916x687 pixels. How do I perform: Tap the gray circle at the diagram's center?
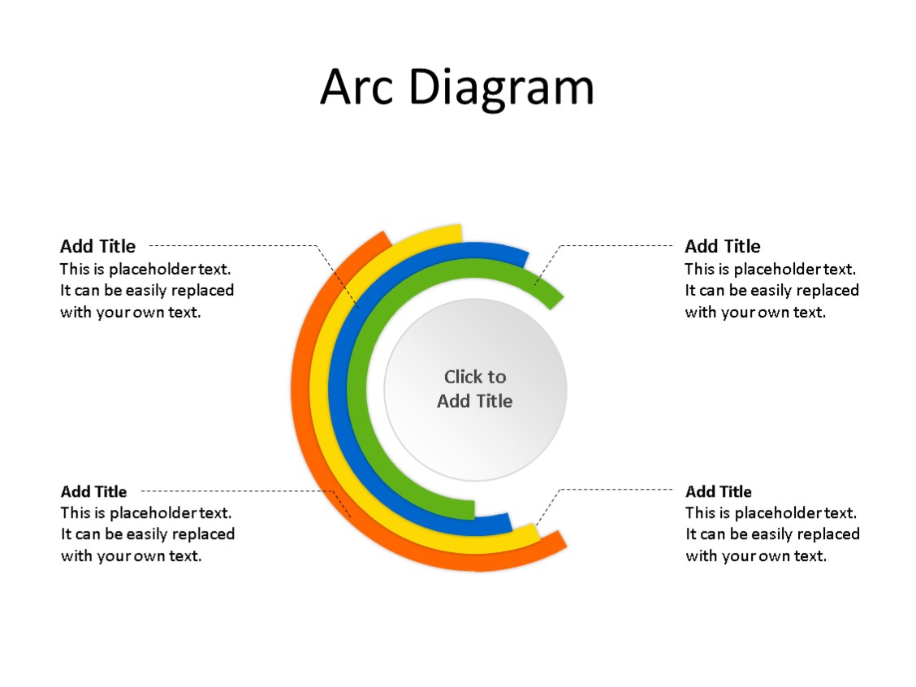tap(475, 422)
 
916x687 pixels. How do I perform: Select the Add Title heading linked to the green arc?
tap(722, 246)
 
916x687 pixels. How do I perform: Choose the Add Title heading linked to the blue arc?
tap(97, 246)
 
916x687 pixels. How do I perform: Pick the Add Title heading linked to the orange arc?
tap(93, 491)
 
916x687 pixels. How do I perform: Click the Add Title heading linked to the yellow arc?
tap(718, 491)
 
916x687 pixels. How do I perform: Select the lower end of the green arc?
tap(470, 509)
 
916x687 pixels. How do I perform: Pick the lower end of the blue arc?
tap(507, 522)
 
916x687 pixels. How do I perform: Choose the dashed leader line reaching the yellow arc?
tap(617, 490)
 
